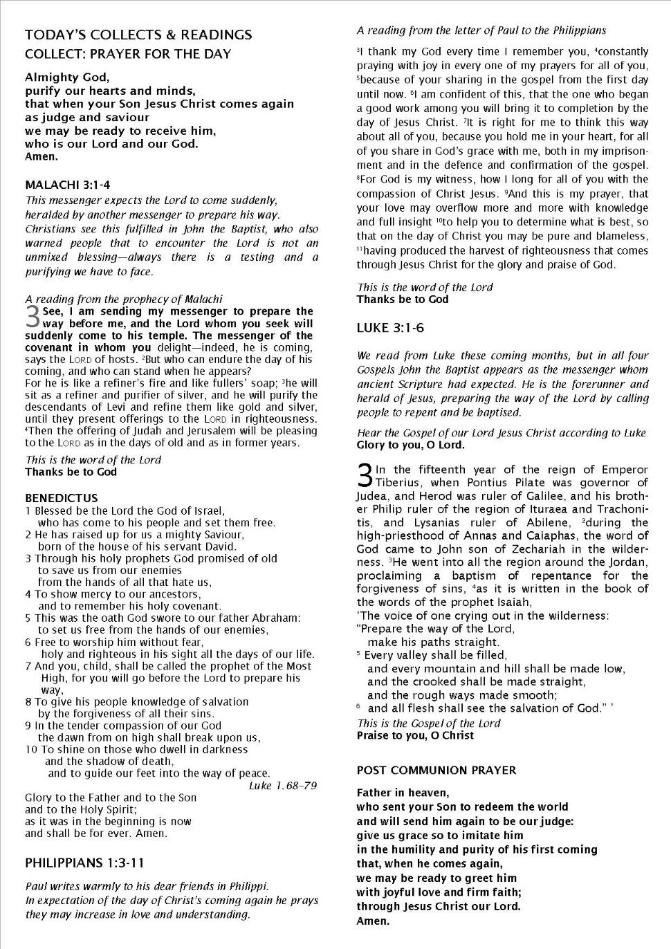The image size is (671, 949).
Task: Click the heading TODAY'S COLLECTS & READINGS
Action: coord(138,35)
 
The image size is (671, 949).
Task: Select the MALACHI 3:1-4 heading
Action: coord(67,185)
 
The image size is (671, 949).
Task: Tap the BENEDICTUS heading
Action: coord(61,498)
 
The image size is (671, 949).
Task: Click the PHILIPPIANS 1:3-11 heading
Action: coord(85,863)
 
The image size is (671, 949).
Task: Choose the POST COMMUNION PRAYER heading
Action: coord(436,770)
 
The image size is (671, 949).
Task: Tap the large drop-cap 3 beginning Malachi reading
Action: coord(33,317)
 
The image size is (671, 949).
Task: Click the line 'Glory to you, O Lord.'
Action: coord(410,445)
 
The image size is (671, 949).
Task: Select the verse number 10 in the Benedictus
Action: coord(30,749)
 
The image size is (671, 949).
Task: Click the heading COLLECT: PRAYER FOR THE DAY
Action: coord(128,54)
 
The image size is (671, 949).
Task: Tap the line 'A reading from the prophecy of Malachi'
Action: coord(124,299)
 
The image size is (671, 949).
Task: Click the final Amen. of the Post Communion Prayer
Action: coord(373,921)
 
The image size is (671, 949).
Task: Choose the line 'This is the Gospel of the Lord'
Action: coord(428,723)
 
